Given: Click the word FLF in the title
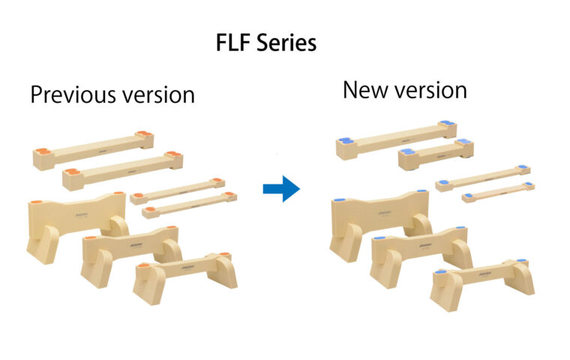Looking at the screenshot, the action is point(233,43).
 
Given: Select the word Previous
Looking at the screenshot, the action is point(73,94).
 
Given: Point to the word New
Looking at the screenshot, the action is point(364,90).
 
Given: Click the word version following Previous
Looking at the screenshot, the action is point(158,95).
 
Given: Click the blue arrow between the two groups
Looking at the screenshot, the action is point(281,189).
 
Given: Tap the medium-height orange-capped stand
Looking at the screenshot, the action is point(131,254).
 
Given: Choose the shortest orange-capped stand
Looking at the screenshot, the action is point(184,276).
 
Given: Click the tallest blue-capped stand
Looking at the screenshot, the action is point(380,225).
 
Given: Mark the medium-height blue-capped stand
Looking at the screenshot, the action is point(421,254).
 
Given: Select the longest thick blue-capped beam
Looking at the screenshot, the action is point(396,140).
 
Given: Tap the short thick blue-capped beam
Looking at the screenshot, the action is point(436,154).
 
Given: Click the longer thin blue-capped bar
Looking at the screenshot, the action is point(483,178).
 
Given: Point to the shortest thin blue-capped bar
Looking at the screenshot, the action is point(498,192).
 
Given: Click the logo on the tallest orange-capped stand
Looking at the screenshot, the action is point(81,215).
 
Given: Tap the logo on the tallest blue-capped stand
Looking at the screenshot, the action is point(384,213).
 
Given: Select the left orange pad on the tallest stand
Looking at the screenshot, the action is point(37,202).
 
